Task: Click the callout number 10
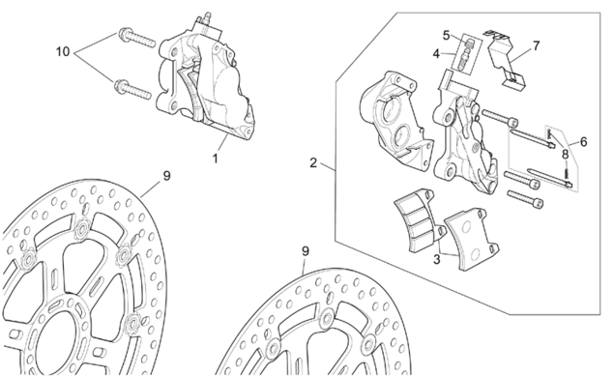tap(63, 51)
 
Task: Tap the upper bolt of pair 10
tap(136, 37)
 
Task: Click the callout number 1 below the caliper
tap(215, 159)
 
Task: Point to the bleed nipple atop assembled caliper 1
tap(206, 19)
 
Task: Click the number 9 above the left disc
tap(167, 176)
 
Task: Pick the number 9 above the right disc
tap(306, 250)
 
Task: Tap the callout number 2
tap(313, 162)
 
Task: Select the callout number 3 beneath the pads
tap(437, 259)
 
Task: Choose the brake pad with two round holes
tap(472, 239)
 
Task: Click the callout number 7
tap(536, 45)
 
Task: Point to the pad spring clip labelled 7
tap(503, 59)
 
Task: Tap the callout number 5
tap(447, 35)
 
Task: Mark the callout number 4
tap(437, 53)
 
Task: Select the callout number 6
tap(583, 141)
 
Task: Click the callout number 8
tap(565, 154)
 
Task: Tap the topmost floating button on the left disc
tap(83, 228)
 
